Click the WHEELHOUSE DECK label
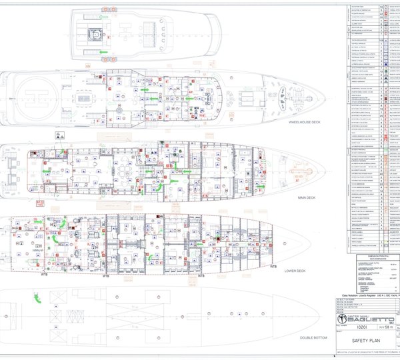[306, 123]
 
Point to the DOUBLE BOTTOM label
[311, 337]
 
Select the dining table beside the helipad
[84, 99]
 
